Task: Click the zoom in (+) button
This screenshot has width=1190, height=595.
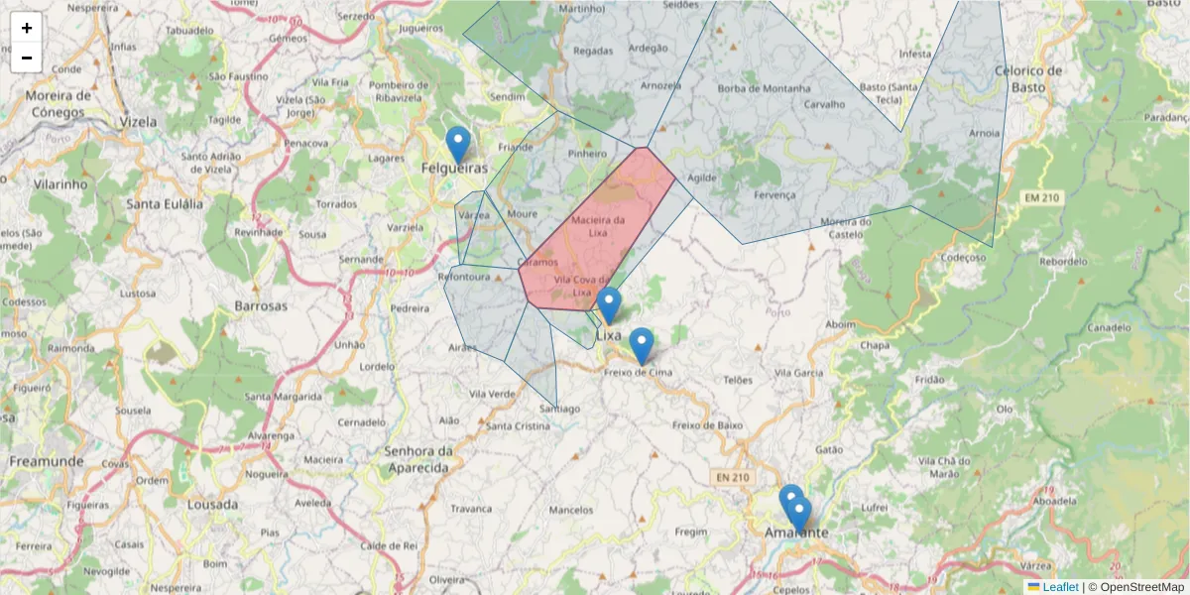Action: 27,28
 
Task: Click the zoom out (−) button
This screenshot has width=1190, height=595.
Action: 27,58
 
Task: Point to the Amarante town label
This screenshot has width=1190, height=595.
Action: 796,533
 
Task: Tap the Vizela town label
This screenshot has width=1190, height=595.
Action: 138,121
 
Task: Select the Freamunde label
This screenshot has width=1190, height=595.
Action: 46,461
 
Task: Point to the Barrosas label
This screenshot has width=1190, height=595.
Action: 261,305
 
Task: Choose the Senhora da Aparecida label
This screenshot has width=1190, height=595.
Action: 417,458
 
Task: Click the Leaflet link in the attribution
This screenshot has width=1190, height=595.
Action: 1060,587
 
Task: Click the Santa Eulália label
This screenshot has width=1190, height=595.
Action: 165,203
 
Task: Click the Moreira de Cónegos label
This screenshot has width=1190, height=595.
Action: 59,103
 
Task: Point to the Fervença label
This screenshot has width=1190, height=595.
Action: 774,195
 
